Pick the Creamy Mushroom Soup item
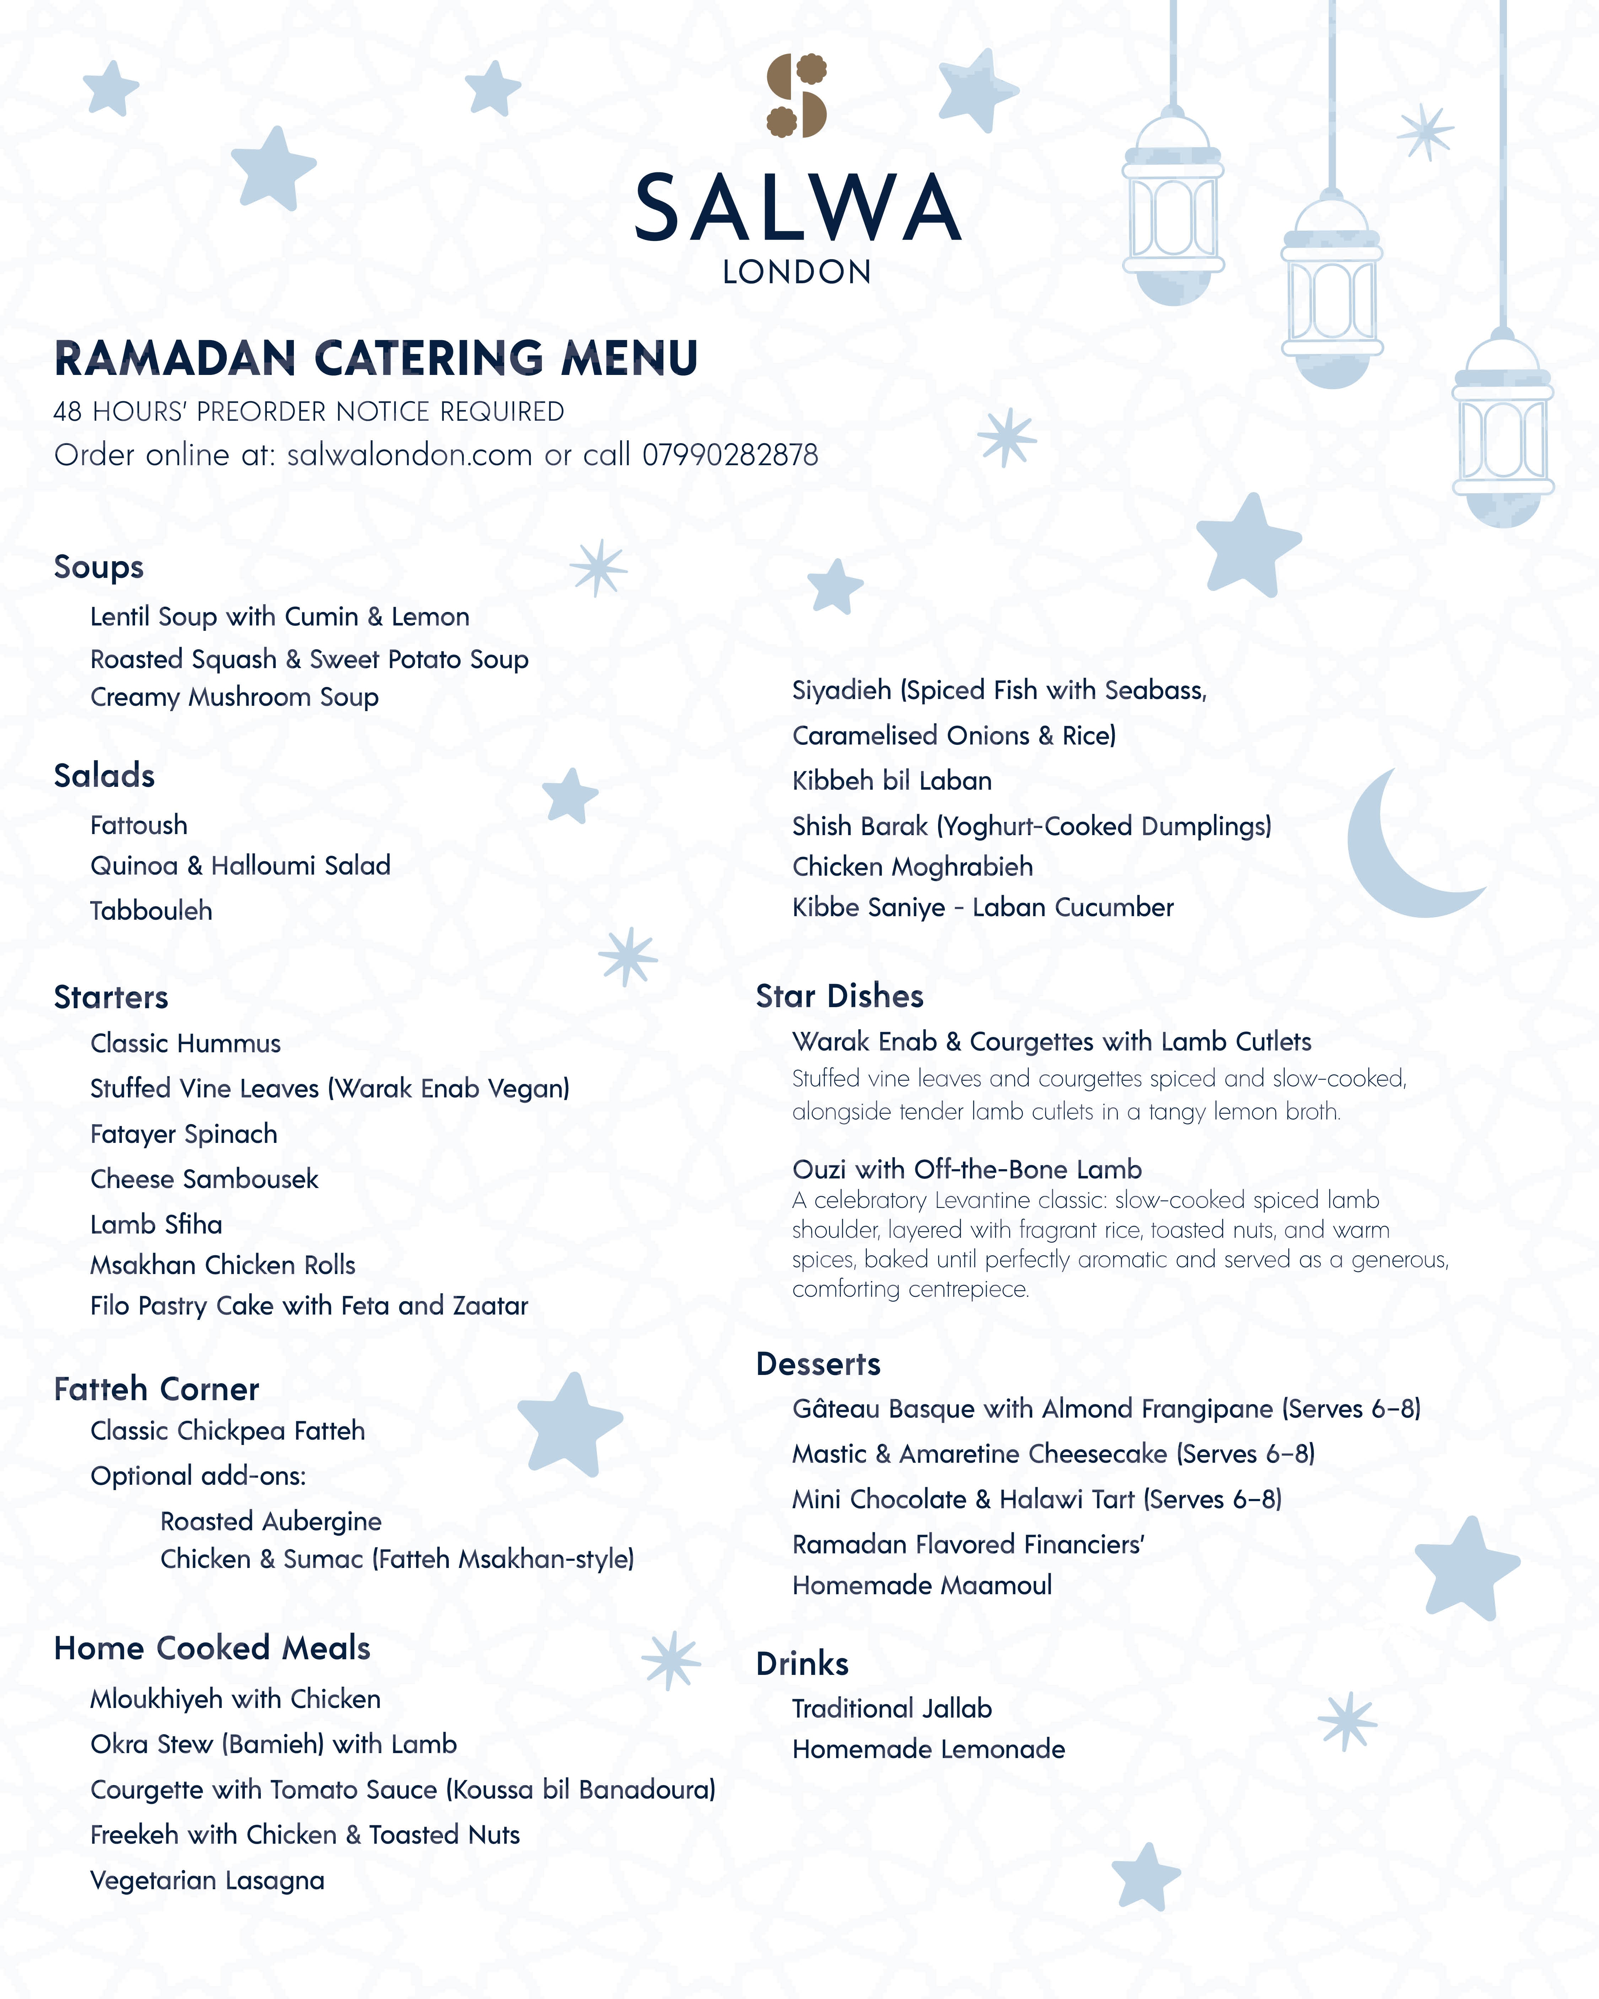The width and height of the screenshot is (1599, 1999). click(x=235, y=697)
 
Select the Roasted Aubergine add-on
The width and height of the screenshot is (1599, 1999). click(x=271, y=1521)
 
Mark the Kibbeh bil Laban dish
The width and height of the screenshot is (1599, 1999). click(x=892, y=781)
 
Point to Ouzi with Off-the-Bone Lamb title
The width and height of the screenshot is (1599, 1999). click(x=967, y=1169)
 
